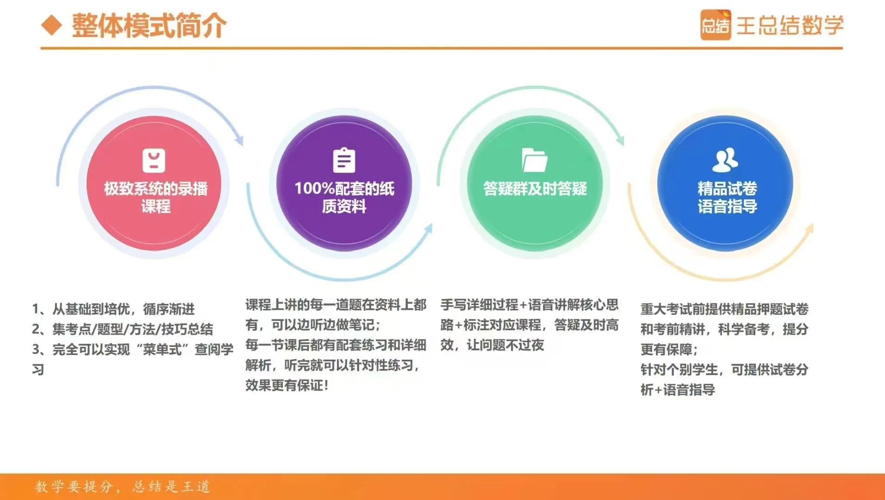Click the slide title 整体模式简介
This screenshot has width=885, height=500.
click(149, 25)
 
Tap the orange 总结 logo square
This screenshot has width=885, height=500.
click(715, 25)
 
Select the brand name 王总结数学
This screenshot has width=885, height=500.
click(790, 25)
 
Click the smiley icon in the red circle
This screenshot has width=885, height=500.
click(154, 160)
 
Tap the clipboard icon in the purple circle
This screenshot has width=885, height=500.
click(344, 160)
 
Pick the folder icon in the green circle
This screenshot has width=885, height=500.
click(535, 160)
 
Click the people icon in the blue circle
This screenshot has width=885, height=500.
click(725, 159)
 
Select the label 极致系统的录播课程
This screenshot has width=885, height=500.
click(156, 197)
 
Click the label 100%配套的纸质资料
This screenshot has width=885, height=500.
click(344, 197)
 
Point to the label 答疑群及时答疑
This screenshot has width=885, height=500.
click(535, 188)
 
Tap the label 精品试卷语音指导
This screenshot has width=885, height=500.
click(727, 197)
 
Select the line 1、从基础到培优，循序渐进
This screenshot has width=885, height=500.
click(113, 309)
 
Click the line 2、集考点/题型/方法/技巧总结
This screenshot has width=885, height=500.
click(123, 329)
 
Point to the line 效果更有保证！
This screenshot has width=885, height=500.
click(287, 385)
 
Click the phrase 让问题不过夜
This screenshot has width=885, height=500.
click(505, 345)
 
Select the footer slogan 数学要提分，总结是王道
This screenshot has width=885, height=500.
click(123, 487)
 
